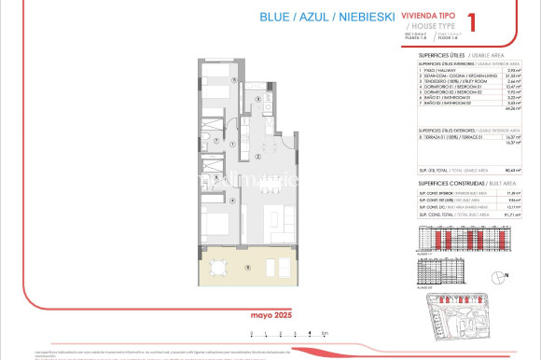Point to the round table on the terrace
pos(216,269)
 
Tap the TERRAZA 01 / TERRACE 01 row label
pos(447,136)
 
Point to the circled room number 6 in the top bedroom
pos(234,81)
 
